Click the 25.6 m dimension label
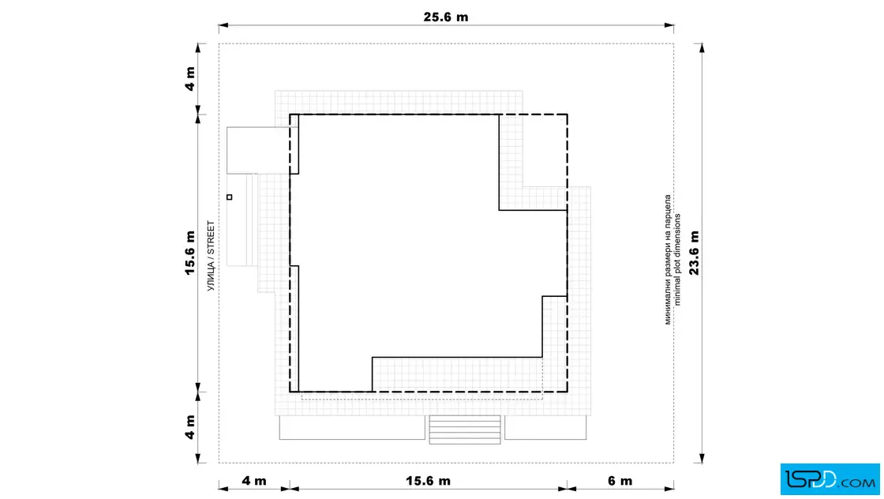point(445,17)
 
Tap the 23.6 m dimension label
point(694,253)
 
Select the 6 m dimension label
point(620,481)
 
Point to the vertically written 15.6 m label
point(190,253)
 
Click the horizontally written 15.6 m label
point(428,481)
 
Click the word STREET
point(211,238)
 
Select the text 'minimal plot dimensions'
point(677,259)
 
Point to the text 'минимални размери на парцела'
point(668,259)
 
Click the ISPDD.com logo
point(830,479)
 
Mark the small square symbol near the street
point(230,197)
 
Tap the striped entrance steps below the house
point(465,430)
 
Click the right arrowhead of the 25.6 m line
point(669,25)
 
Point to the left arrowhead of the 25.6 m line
point(223,25)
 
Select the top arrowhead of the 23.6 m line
point(702,48)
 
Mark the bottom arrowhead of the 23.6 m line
point(702,459)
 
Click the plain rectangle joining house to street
point(258,151)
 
